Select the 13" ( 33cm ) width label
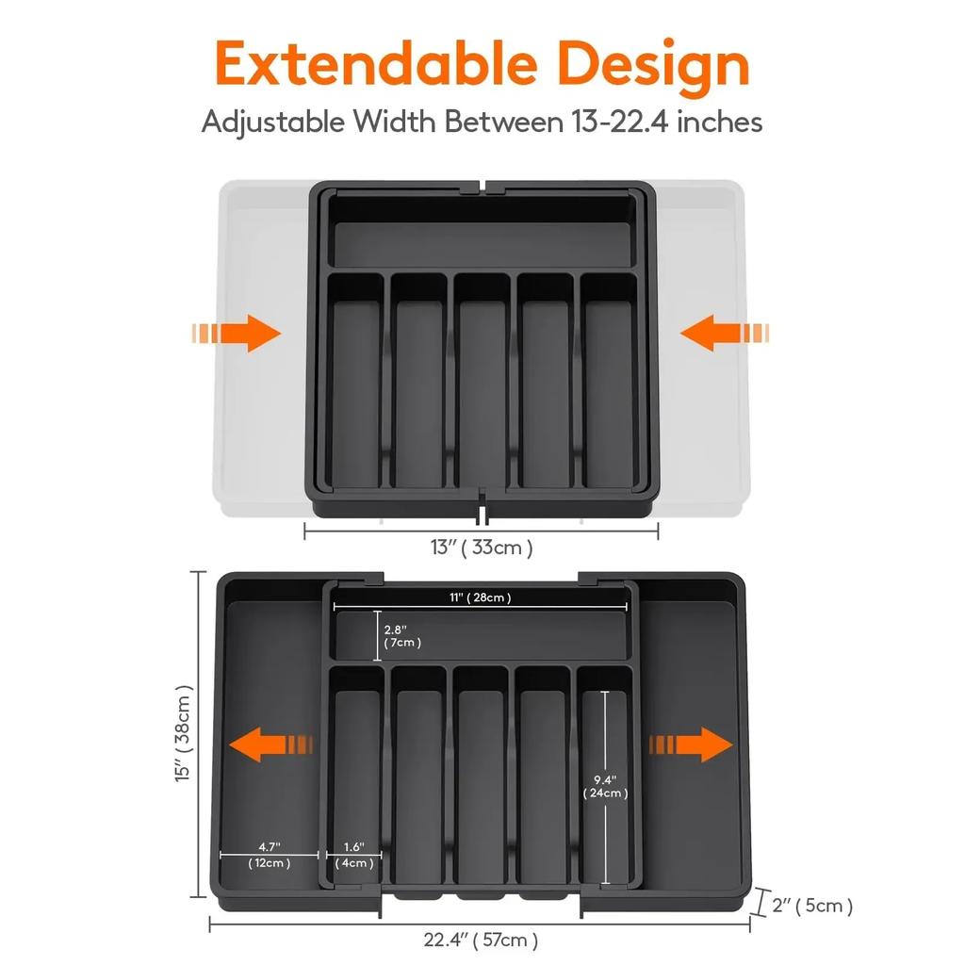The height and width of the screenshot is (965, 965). (x=482, y=548)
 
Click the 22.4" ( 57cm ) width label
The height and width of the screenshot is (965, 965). (x=481, y=940)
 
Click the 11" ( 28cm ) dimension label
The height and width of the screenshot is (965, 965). (x=480, y=597)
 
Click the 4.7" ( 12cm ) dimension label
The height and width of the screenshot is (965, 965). (x=269, y=855)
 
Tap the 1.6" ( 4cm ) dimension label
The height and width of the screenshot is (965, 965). (x=353, y=855)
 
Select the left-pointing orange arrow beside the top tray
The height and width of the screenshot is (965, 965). (x=724, y=334)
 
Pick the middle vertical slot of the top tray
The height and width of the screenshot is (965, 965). (x=482, y=382)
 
